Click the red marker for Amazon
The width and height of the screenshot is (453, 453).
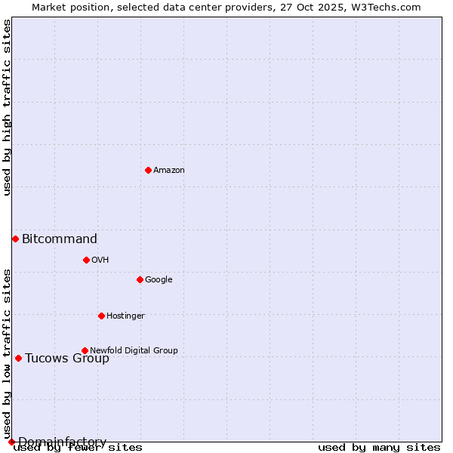coord(148,170)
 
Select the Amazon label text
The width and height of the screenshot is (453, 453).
coord(169,171)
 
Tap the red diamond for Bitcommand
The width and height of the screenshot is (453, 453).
coord(15,239)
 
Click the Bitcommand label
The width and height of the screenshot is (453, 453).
coord(60,239)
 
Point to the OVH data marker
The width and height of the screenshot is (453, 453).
coord(86,260)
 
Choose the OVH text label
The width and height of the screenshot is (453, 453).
coord(100,260)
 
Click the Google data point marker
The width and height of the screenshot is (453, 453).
coord(140,279)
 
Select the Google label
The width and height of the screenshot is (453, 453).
coord(159,280)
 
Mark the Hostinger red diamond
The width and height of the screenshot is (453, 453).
coord(101,316)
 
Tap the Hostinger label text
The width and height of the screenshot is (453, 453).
coord(125,316)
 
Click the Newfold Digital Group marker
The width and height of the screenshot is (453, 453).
coord(85,350)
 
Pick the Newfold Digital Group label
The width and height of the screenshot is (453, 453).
coord(134,350)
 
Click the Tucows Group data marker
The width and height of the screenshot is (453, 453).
coord(18,358)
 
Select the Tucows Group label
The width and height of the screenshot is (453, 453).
coord(67,359)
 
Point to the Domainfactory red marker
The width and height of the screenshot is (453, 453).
coord(11,442)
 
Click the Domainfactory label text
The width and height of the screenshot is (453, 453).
coord(63,442)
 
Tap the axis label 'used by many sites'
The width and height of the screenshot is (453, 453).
coord(379,448)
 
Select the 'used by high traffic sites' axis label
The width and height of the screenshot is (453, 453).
coord(7,107)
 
